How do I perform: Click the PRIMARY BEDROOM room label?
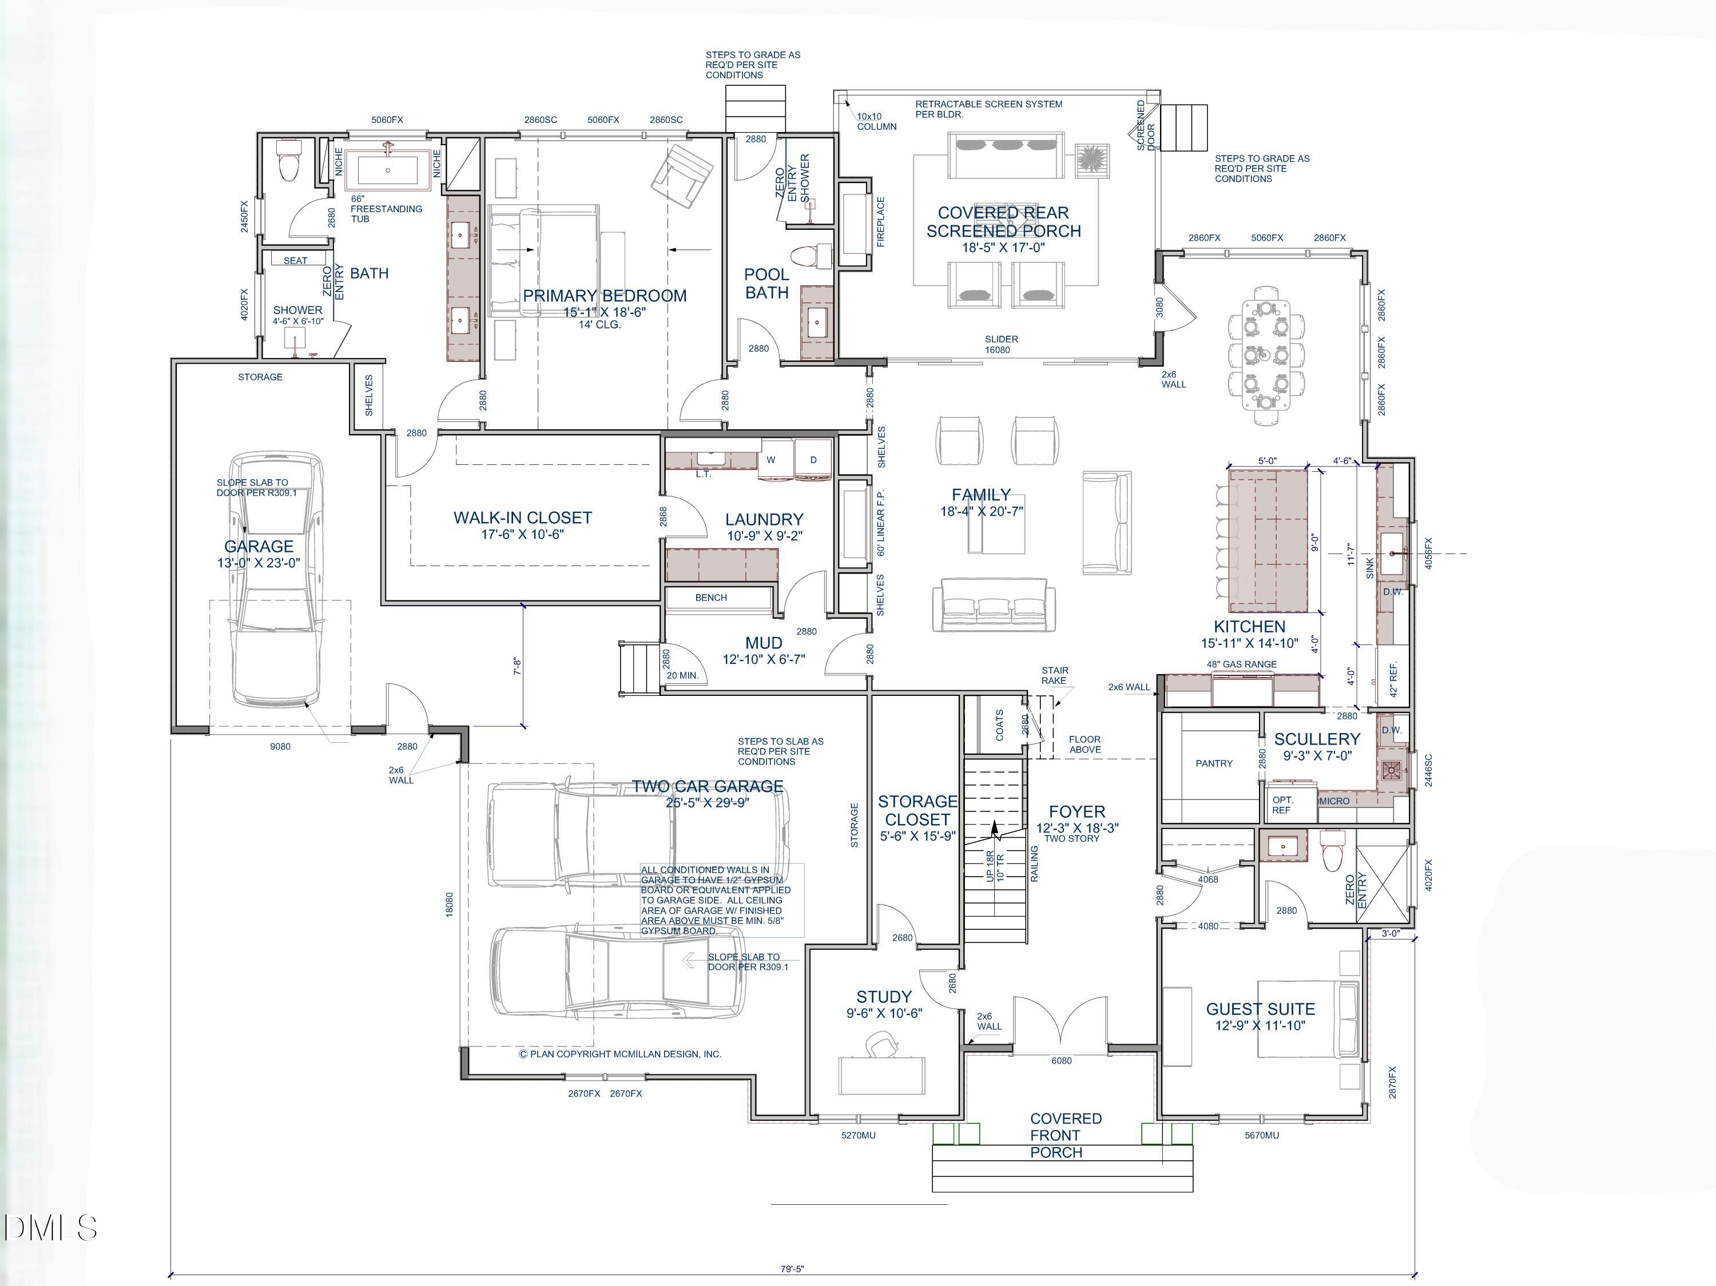coord(605,296)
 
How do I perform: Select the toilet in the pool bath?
coord(810,255)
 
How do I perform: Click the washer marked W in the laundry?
coord(771,459)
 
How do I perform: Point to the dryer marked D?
coord(813,459)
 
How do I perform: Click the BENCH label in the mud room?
coord(710,597)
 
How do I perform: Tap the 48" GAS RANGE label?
coord(1241,664)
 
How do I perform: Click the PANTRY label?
coord(1213,763)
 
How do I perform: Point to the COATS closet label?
coord(999,724)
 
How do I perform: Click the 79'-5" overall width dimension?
coord(792,1269)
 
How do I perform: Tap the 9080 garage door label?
coord(280,746)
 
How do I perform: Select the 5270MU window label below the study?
coord(858,1134)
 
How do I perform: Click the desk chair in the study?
coord(882,1045)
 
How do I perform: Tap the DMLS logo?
coord(50,1228)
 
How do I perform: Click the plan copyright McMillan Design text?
coord(620,1054)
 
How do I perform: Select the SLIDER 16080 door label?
coord(1001,344)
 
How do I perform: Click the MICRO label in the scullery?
coord(1333,801)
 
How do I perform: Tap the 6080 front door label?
coord(1060,1060)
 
